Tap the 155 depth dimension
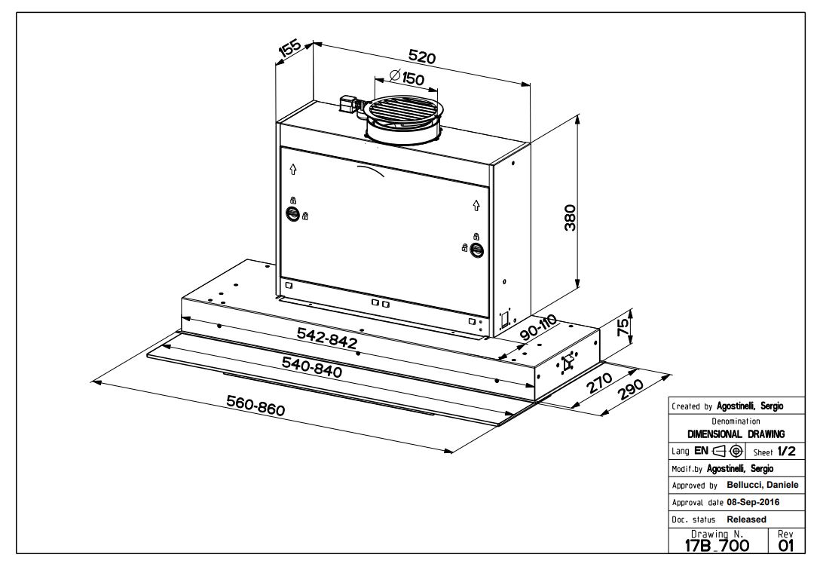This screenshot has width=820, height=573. (x=290, y=49)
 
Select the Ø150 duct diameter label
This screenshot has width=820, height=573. (x=408, y=77)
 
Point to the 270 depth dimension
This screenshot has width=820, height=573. (x=599, y=385)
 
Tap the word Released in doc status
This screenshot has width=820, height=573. (x=746, y=519)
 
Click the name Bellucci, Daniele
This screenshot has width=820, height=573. (x=762, y=484)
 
